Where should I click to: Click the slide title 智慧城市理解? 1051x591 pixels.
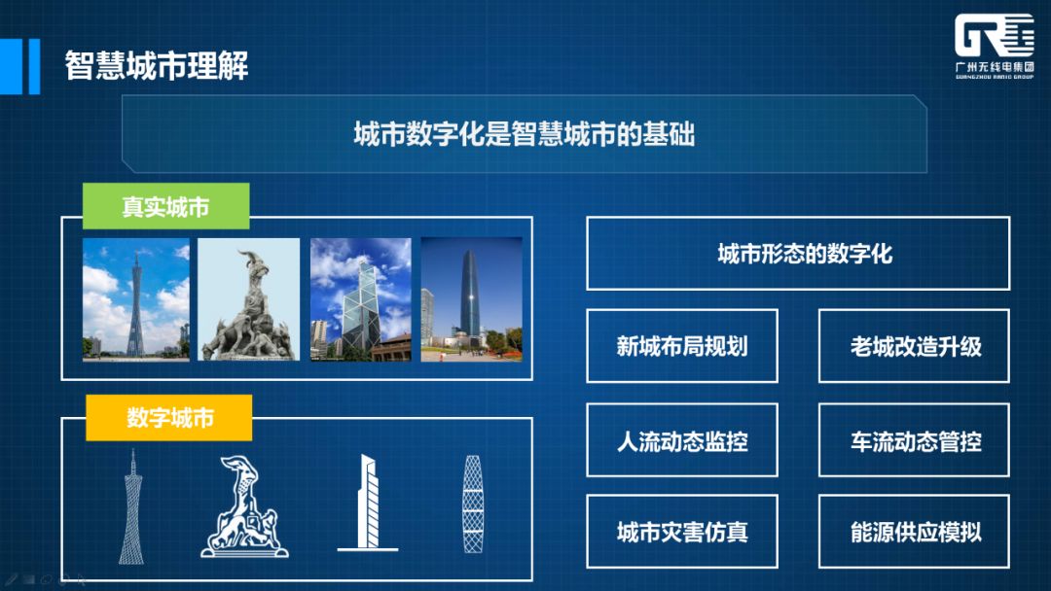point(156,65)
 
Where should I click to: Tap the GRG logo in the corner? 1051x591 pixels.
point(994,46)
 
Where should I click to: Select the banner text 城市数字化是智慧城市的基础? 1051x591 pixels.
point(525,134)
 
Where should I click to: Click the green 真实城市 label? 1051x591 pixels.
point(165,206)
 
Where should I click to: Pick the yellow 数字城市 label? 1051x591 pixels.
point(169,418)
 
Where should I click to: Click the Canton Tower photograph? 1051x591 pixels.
point(136,299)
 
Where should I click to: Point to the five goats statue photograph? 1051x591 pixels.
point(249,299)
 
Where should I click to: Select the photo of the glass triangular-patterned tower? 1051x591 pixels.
point(361,299)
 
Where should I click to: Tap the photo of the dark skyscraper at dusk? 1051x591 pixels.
point(471,299)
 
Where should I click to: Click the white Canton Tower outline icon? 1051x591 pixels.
point(132,506)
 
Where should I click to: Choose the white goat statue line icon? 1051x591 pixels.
point(244,506)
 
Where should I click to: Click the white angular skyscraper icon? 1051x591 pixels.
point(367,504)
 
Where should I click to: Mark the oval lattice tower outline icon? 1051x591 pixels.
point(473,504)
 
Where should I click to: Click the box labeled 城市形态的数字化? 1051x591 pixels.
point(798,253)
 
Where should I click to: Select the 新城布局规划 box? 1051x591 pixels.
point(681,346)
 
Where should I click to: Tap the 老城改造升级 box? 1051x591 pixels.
point(914,346)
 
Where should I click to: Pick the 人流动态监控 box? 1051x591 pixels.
point(681,439)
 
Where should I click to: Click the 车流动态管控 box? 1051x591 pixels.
point(914,439)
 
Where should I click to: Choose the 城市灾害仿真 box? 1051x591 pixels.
point(681,532)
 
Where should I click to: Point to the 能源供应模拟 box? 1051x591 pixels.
point(914,532)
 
